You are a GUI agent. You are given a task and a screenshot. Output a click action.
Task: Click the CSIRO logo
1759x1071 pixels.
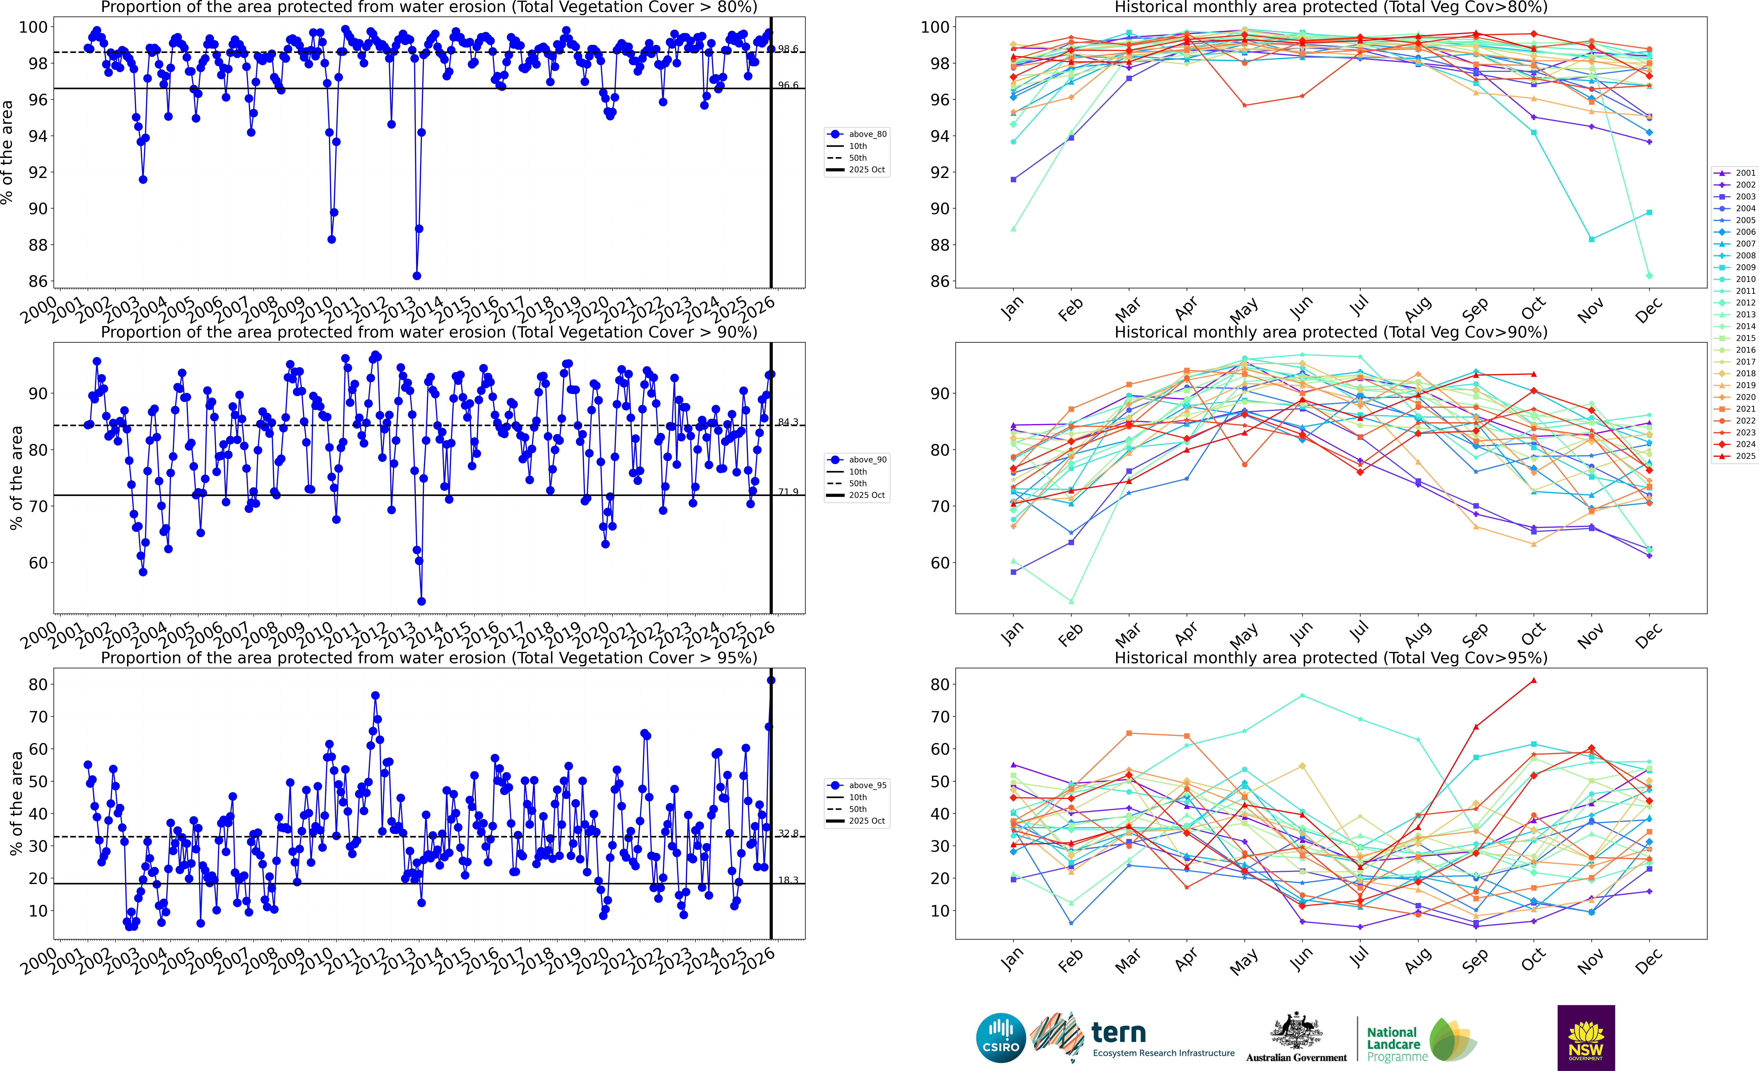[x=1001, y=1037]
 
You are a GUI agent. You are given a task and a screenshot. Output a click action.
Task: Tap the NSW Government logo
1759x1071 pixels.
[x=1586, y=1037]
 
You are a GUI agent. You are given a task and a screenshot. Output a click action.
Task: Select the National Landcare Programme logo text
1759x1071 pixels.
[x=1396, y=1044]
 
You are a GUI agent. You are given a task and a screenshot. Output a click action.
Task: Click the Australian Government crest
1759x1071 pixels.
[x=1296, y=1032]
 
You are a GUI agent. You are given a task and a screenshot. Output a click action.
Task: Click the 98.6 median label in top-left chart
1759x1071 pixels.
[x=788, y=49]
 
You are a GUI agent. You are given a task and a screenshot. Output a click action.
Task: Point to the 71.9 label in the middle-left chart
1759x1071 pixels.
[x=788, y=492]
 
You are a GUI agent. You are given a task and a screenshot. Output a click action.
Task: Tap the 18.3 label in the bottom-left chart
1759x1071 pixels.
[x=788, y=880]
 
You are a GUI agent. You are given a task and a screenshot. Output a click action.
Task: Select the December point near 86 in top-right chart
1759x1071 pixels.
[x=1649, y=276]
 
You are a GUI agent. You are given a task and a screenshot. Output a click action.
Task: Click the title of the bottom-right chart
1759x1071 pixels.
[x=1331, y=658]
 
